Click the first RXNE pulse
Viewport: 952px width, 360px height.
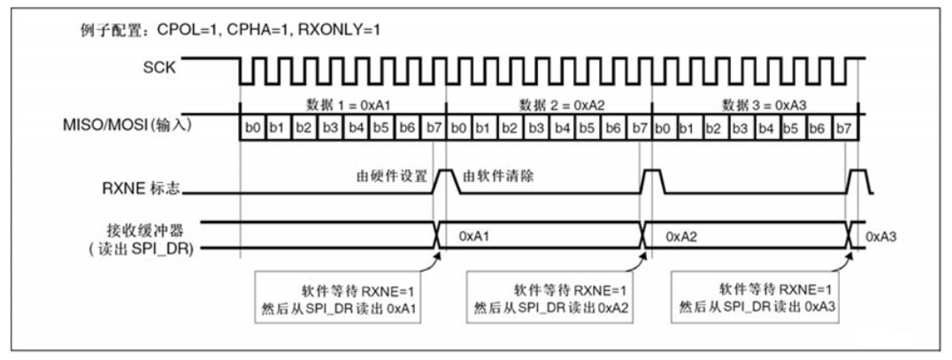443,180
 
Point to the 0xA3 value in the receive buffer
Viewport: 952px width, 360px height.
881,237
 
